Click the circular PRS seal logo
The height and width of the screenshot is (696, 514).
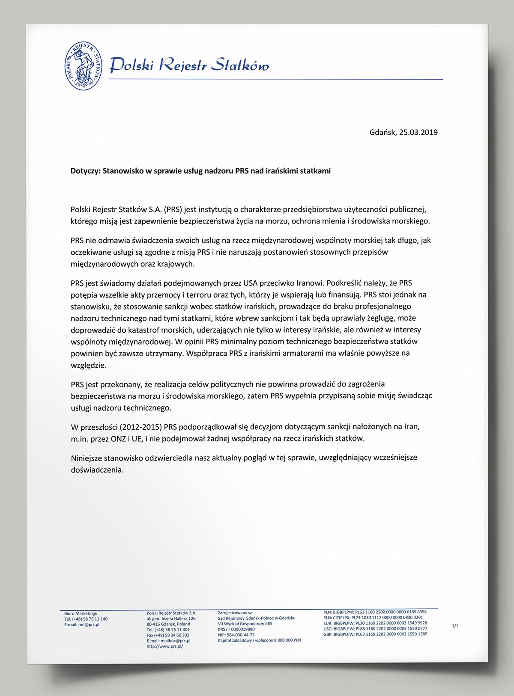(x=84, y=66)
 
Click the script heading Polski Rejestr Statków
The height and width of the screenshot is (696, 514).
(x=189, y=65)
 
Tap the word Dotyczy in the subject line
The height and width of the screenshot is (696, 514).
(x=85, y=171)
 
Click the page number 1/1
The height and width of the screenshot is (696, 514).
(x=455, y=626)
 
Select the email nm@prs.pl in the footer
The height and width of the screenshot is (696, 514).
(x=89, y=625)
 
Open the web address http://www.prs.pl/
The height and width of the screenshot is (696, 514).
(x=165, y=646)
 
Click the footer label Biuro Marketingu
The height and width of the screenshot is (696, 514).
(x=81, y=613)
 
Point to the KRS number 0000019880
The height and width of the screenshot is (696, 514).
(x=242, y=629)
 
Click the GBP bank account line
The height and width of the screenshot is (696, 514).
(x=375, y=634)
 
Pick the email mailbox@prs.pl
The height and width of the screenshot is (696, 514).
(x=175, y=641)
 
